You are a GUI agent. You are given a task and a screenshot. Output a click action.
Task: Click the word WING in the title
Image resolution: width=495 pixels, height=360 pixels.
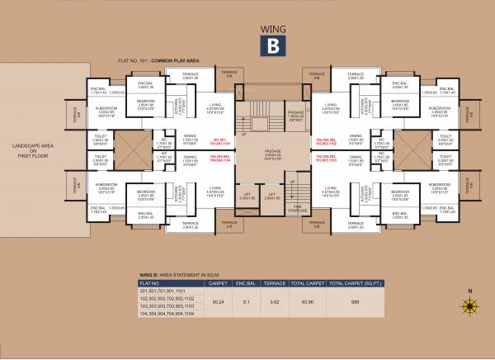pos(271,24)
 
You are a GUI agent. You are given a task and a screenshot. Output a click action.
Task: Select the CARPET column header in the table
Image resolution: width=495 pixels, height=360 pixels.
pos(219,282)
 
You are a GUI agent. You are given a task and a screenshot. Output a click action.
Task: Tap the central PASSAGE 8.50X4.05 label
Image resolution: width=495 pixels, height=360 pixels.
pos(271,153)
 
